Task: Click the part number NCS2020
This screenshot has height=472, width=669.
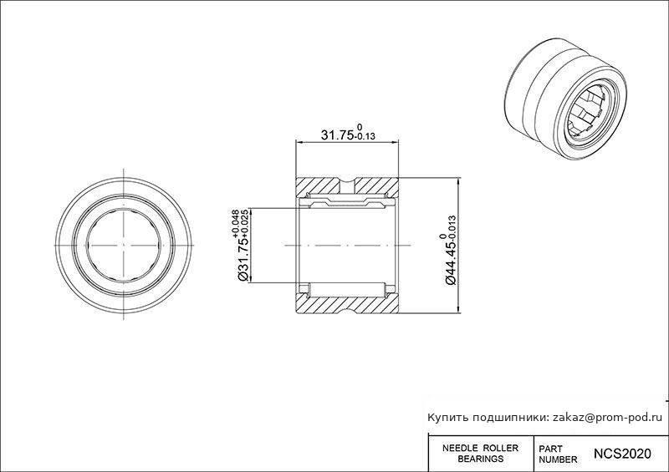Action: [622, 454]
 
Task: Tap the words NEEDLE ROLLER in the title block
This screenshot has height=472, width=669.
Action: [480, 448]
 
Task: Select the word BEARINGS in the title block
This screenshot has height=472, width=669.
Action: [480, 459]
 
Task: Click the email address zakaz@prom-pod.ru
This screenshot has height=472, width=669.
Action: [608, 418]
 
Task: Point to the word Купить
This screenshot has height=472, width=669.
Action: [448, 418]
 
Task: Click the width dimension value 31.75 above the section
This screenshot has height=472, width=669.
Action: [338, 134]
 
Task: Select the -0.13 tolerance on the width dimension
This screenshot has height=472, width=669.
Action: [365, 136]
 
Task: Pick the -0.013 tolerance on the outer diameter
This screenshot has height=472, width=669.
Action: [452, 228]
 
